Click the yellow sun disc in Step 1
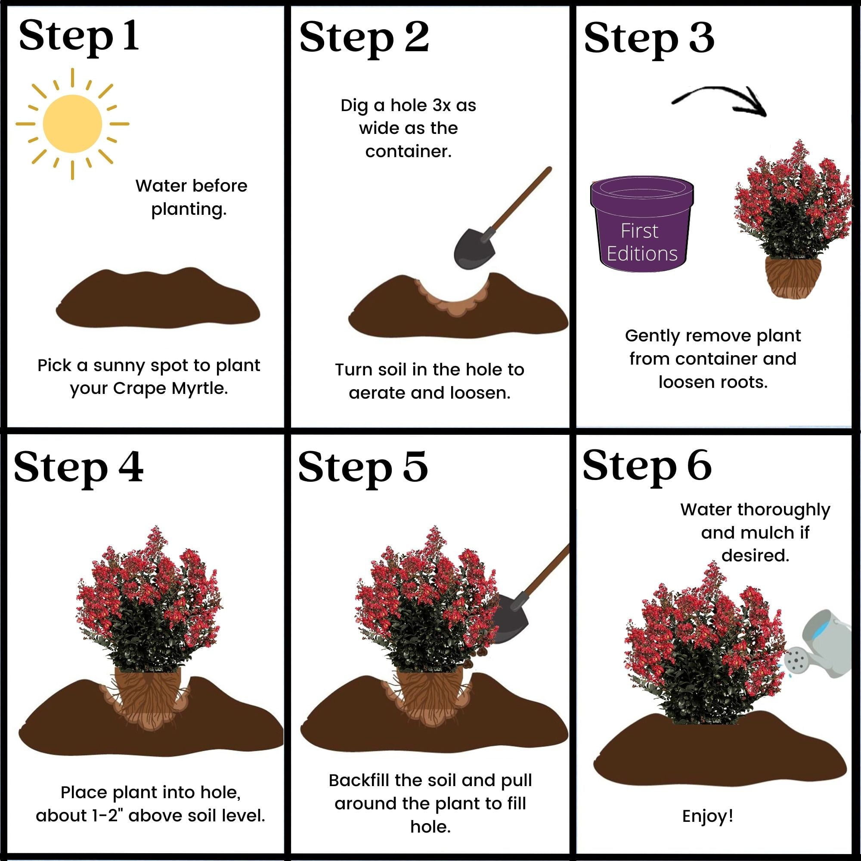[x=72, y=124]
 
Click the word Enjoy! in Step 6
[x=707, y=816]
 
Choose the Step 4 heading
[x=78, y=467]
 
